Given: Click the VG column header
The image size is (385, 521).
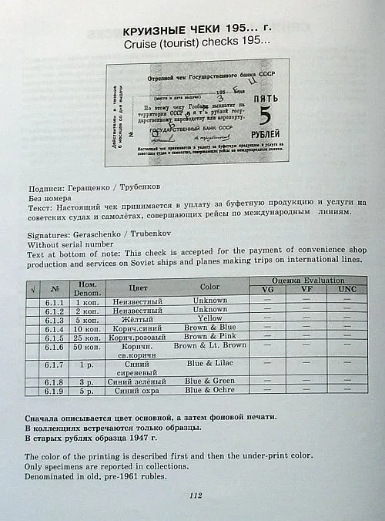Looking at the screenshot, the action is coord(267,290).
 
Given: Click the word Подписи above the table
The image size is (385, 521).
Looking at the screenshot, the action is coord(49,186).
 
